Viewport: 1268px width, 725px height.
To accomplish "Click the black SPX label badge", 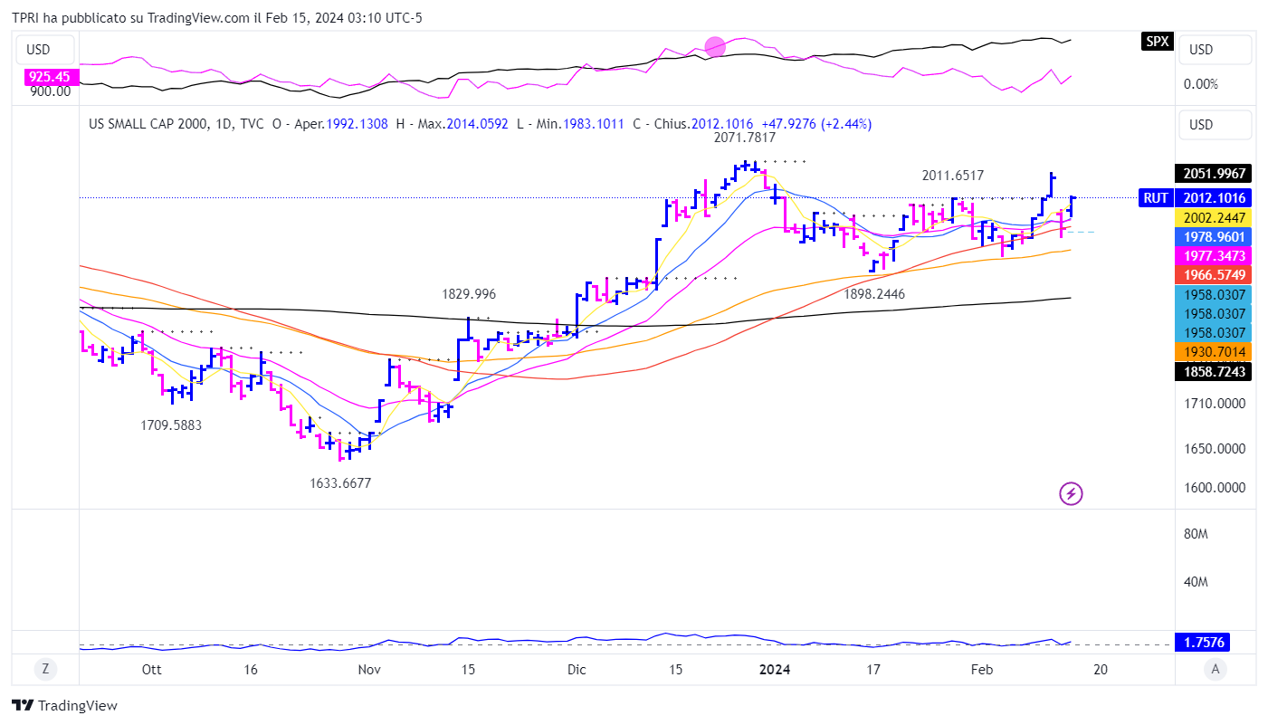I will tap(1157, 41).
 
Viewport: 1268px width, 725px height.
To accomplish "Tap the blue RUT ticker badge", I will tap(1155, 198).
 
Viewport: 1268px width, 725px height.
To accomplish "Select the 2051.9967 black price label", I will tap(1212, 173).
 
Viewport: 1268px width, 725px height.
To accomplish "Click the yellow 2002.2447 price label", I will tap(1212, 217).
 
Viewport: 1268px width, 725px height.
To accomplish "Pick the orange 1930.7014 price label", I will tap(1212, 351).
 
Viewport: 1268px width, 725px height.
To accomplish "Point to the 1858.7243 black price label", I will tap(1212, 371).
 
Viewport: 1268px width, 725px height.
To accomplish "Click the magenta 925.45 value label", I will tap(48, 77).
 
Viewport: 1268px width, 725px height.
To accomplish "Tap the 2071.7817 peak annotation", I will tap(745, 138).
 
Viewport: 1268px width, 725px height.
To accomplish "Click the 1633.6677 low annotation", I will tap(340, 483).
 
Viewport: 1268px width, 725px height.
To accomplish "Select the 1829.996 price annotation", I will tap(469, 294).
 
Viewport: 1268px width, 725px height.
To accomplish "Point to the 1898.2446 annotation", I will tap(874, 294).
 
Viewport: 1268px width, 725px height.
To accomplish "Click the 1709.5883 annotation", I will tap(171, 425).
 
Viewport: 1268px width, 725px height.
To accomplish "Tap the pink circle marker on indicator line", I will tap(715, 46).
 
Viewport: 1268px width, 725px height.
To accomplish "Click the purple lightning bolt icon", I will tap(1071, 493).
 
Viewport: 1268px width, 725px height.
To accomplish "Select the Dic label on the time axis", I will tap(577, 670).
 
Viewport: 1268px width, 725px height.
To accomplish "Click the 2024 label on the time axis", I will tap(775, 670).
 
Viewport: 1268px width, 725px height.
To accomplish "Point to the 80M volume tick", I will tap(1196, 534).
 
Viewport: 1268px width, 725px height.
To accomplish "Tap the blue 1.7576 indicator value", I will tap(1212, 643).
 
